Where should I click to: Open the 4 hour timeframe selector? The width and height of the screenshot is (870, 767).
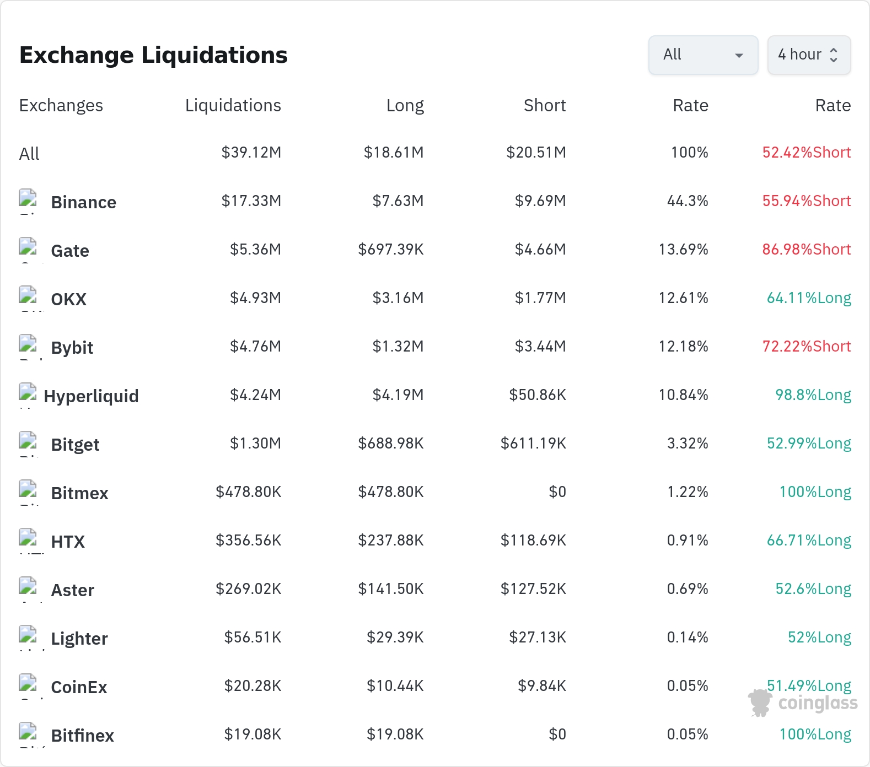809,55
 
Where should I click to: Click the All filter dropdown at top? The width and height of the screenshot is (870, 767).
703,55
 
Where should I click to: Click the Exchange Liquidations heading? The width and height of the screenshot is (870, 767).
153,55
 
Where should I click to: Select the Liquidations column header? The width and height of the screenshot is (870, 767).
233,105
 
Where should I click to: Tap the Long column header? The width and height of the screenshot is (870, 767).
405,105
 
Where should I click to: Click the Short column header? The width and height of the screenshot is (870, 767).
545,105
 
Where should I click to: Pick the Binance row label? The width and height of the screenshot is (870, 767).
84,202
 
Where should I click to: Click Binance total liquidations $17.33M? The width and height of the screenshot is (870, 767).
251,201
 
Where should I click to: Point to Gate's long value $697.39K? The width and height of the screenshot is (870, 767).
391,249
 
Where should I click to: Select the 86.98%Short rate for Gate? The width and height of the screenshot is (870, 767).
807,249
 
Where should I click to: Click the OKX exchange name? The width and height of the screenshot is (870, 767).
69,299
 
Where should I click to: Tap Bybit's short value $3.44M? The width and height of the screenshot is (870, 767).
540,346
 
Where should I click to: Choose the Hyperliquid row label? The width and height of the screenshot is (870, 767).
91,396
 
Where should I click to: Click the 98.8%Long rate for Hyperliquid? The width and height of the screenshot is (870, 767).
813,395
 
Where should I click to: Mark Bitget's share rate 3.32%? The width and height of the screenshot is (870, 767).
688,443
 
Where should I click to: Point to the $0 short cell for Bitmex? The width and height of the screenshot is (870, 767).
557,491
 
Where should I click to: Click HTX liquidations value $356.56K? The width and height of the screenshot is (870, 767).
249,540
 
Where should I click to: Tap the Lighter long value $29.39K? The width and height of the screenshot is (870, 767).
395,637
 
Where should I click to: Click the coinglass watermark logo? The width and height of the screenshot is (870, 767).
803,703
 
